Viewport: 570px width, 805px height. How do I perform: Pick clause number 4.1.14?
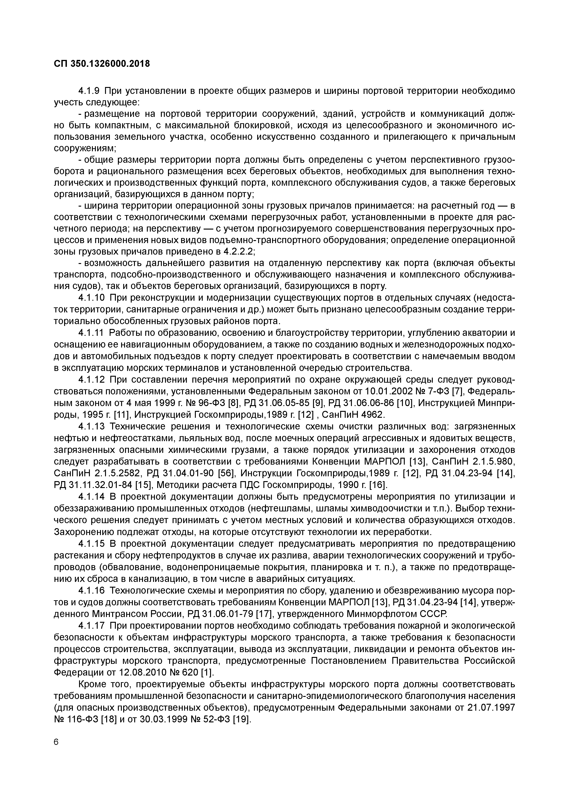(x=92, y=497)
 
